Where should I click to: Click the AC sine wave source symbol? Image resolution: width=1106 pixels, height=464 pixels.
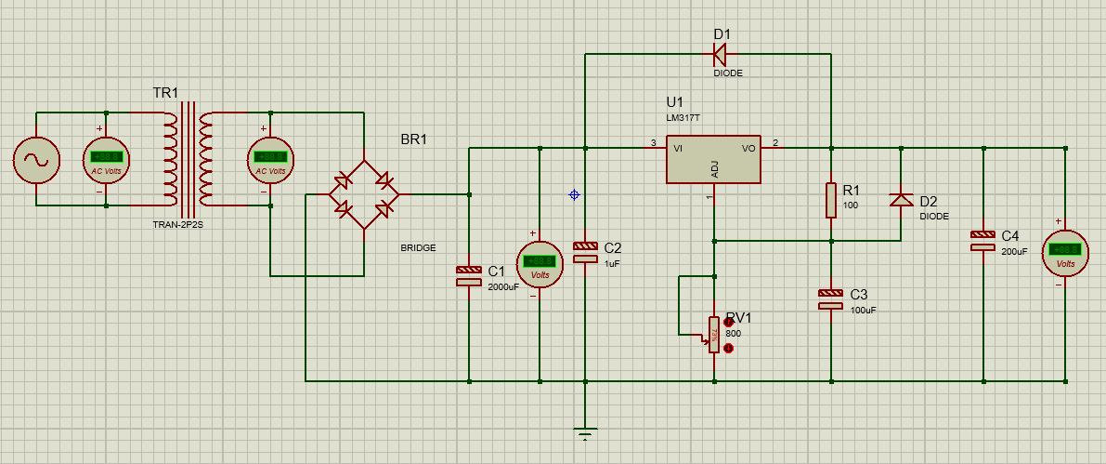(36, 160)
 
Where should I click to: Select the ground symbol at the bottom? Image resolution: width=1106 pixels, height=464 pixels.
(585, 433)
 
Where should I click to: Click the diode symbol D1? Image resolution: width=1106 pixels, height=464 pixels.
(722, 54)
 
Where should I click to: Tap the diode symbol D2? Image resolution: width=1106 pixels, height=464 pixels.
(901, 200)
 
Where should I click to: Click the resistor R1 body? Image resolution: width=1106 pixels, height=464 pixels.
(831, 200)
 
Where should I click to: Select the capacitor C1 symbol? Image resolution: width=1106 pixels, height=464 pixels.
(469, 274)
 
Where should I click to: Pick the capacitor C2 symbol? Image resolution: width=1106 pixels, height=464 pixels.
(585, 251)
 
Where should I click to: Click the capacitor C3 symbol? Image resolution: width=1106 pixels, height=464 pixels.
(831, 298)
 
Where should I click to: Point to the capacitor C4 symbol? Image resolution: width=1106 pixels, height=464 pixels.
(983, 240)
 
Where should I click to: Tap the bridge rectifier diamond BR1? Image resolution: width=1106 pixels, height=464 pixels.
(363, 195)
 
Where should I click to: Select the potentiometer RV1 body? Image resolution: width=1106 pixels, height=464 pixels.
(713, 334)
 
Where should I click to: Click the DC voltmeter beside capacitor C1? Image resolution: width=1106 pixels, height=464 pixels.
(540, 264)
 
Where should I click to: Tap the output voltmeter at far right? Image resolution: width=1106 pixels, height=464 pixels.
(1065, 252)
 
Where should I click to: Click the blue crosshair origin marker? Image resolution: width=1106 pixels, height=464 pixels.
(574, 194)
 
